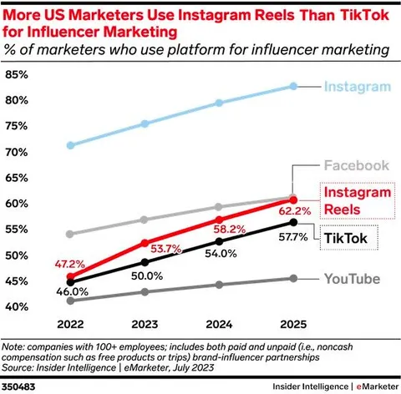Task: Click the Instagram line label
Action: coord(358,87)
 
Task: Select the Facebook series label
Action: coord(357,165)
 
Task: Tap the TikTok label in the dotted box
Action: coord(346,238)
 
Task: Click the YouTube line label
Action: coord(352,279)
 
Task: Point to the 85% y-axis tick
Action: coord(17,74)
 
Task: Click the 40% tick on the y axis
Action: coord(17,306)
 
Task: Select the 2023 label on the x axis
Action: coord(145,324)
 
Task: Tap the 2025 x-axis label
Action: coord(293,324)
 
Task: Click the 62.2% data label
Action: coord(295,211)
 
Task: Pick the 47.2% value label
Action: coord(69,264)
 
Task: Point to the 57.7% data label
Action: coord(293,237)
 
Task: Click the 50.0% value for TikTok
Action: coord(147,275)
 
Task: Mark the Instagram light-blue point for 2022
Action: coord(71,145)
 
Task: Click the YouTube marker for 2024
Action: coord(219,285)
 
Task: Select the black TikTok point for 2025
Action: coord(293,222)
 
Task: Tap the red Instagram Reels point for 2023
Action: coord(145,243)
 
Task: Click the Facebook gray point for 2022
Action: coord(70,234)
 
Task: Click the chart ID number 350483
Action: coord(18,386)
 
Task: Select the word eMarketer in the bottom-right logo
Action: coord(378,386)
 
